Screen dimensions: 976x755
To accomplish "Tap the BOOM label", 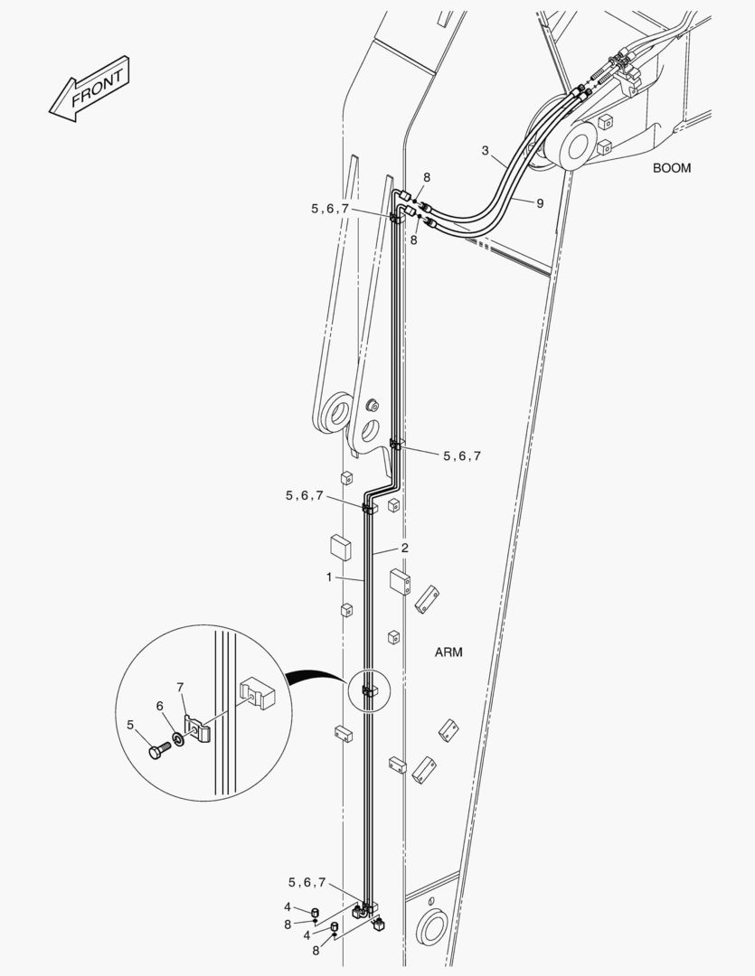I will (671, 168).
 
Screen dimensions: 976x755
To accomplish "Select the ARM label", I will (448, 652).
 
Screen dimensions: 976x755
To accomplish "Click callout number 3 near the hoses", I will (486, 150).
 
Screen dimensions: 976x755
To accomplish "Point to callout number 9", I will (540, 203).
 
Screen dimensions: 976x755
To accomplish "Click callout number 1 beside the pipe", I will (329, 577).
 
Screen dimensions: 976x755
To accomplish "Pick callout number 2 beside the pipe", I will (405, 548).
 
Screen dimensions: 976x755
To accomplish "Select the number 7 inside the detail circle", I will (180, 688).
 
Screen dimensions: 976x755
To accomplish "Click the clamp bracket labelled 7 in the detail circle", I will (198, 727).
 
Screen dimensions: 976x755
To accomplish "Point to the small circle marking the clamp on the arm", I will (367, 692).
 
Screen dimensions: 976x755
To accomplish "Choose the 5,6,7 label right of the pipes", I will (461, 456).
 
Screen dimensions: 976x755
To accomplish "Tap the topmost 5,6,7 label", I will (329, 208).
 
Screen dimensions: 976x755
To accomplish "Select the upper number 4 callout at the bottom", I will (288, 906).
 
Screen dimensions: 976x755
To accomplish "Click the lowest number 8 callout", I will (315, 951).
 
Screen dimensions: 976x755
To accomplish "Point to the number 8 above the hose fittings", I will (427, 177).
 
